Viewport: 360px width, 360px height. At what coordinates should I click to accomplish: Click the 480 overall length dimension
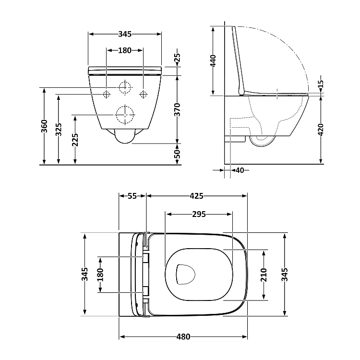(x=183, y=337)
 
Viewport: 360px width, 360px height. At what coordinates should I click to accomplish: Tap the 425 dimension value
(x=196, y=196)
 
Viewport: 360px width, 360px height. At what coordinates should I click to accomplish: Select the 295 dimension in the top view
(x=199, y=214)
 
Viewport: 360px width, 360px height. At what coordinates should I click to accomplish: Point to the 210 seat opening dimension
(x=264, y=275)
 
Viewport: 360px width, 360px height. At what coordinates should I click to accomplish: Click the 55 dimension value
(x=132, y=196)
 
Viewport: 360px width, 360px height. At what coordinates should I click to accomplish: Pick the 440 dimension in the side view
(x=213, y=60)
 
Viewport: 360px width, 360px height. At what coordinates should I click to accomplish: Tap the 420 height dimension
(x=321, y=130)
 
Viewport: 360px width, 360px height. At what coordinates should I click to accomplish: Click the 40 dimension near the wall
(x=240, y=170)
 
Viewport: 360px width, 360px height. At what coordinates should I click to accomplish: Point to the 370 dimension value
(x=178, y=109)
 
